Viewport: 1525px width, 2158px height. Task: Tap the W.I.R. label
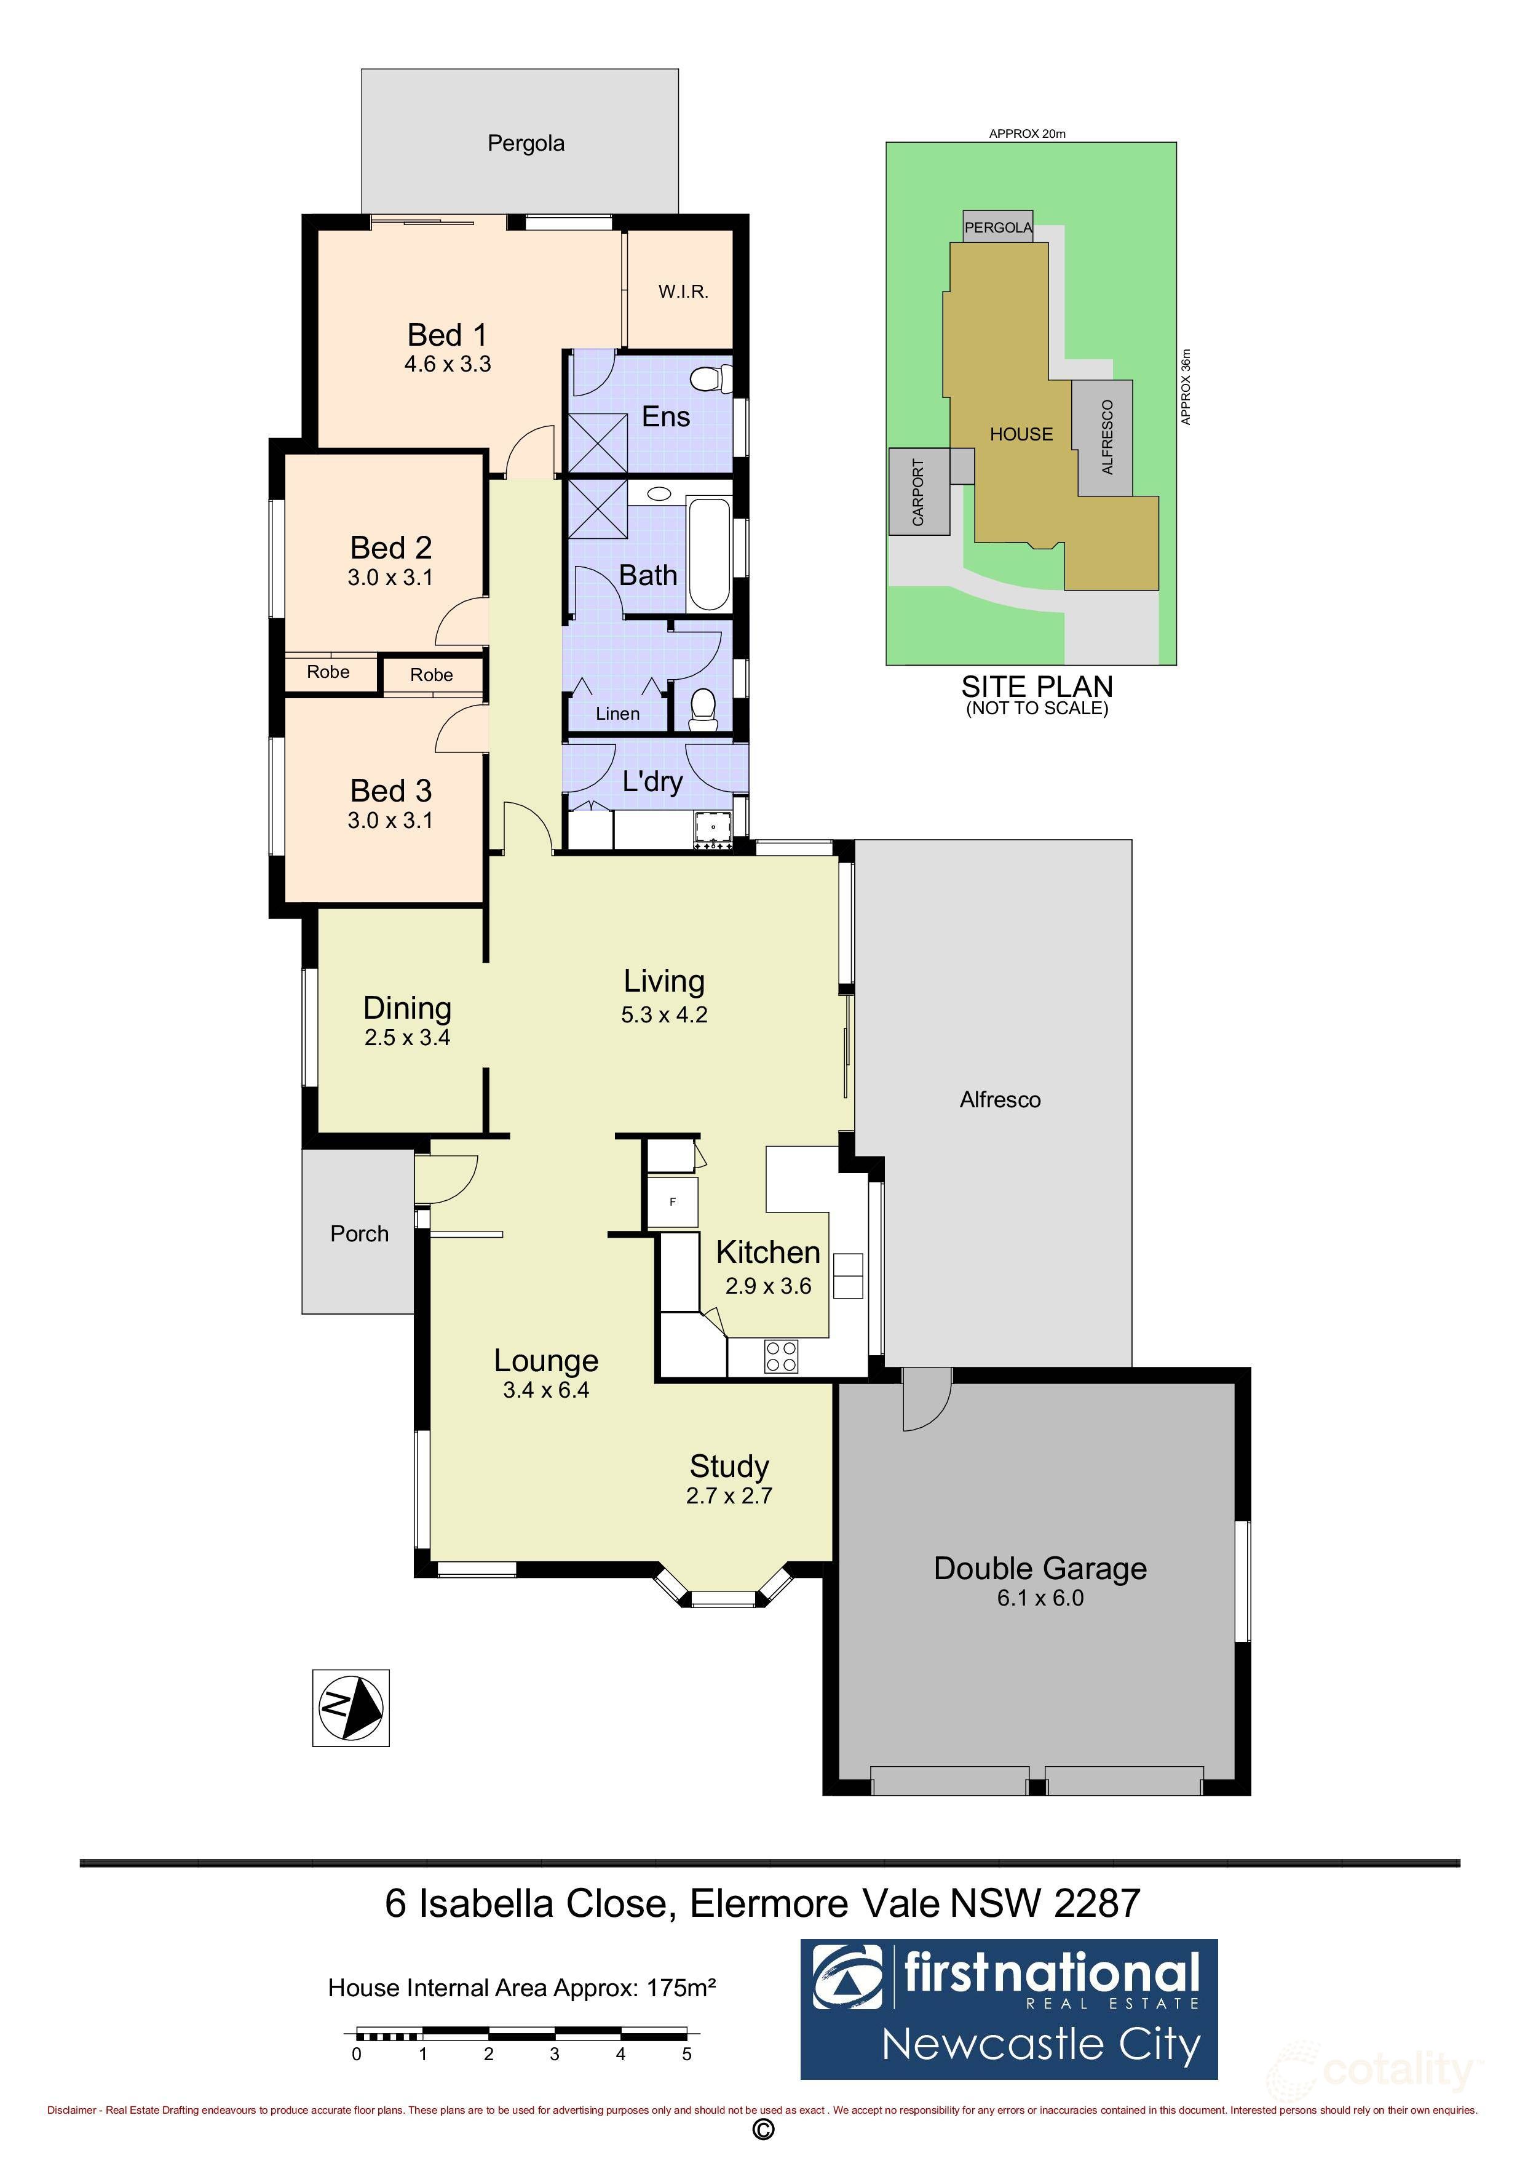tap(683, 292)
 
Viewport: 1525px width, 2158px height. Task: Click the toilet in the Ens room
tap(710, 379)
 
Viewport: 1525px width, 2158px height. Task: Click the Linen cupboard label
tap(617, 714)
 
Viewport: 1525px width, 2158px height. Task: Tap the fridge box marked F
tap(673, 1202)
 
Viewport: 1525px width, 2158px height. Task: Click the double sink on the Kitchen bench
tap(847, 1275)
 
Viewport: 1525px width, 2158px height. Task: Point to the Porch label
tap(359, 1234)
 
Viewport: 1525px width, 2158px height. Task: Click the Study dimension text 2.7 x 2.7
tap(729, 1495)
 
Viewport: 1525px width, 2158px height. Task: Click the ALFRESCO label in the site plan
tap(1107, 437)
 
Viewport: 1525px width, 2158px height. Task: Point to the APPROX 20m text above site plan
tap(1027, 133)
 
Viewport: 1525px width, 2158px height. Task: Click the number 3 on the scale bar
tap(555, 2055)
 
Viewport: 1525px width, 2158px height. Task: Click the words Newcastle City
tap(1041, 2045)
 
